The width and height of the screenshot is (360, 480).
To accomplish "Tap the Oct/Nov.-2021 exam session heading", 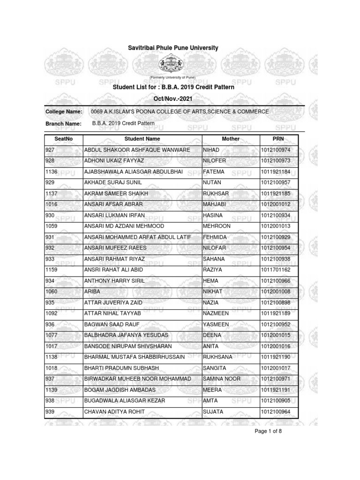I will (x=173, y=98).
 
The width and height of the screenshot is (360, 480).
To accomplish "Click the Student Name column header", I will (x=142, y=139).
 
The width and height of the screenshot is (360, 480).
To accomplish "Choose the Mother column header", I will (x=231, y=139).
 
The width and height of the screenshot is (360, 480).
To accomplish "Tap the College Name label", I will (x=64, y=112).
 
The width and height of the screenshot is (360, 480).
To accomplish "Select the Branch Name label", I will (x=63, y=124).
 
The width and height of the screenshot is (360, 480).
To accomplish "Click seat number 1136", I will (x=51, y=172).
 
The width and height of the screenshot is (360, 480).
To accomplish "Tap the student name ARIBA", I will (x=92, y=292).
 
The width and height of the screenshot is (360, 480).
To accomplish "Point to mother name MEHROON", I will (x=216, y=226).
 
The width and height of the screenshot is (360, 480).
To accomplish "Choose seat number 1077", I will (x=51, y=335).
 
